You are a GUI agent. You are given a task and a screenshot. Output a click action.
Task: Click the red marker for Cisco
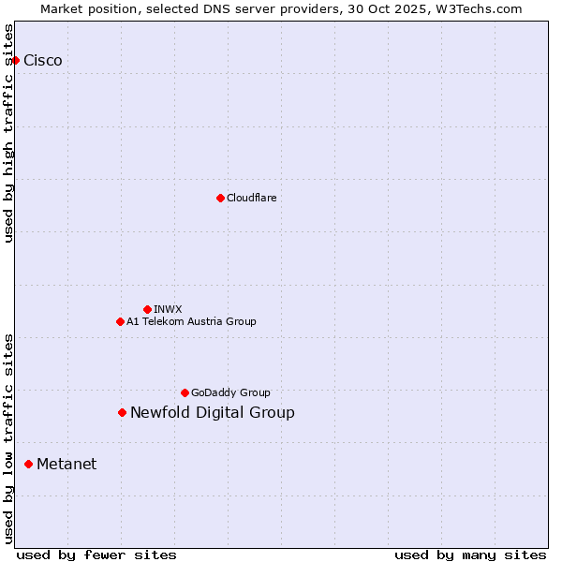tap(15, 61)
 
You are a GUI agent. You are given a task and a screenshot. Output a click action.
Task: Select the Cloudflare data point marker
tap(220, 198)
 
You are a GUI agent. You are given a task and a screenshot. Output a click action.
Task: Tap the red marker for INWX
tap(147, 309)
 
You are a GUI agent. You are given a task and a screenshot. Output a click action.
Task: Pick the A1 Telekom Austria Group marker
tap(120, 321)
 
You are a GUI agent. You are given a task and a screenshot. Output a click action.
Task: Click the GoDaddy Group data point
tap(185, 392)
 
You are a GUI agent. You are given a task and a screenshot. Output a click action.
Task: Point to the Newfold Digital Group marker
tap(122, 412)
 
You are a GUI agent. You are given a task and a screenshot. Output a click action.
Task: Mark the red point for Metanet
tap(28, 464)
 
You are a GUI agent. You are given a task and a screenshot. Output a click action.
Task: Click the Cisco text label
tap(43, 61)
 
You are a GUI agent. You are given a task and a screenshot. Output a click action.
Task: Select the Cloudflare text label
tap(252, 198)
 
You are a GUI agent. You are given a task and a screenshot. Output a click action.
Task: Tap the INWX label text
tap(168, 309)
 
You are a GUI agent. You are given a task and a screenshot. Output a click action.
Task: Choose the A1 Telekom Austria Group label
tap(191, 321)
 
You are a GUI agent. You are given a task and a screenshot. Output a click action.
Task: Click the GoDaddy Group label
tap(230, 392)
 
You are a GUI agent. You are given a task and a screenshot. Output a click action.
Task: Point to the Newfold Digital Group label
tap(213, 412)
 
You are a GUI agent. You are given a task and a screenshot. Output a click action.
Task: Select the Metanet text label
tap(67, 464)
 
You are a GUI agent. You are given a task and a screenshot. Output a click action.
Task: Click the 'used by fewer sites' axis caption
tap(96, 555)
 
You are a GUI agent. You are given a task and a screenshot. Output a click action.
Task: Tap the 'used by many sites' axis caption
tap(470, 555)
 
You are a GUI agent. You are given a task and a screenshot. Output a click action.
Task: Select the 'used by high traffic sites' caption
tap(9, 133)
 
